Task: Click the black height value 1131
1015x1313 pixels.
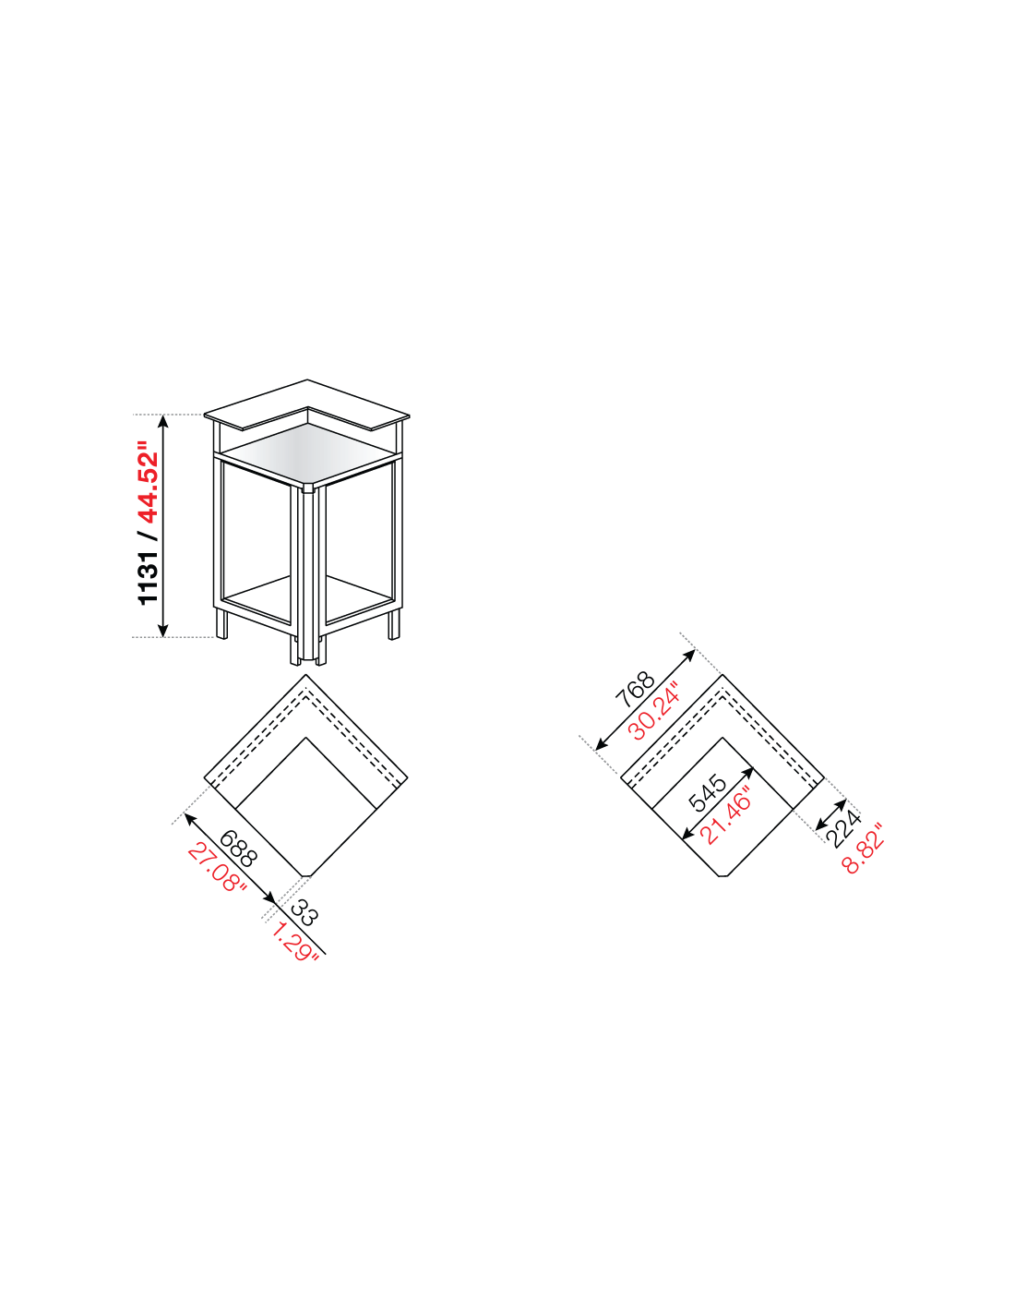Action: tap(148, 577)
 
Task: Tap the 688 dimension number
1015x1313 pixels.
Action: tap(238, 849)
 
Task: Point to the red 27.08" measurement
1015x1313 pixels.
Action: tap(218, 870)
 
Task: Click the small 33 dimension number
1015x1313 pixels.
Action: tap(304, 913)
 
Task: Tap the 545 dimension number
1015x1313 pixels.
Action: tap(708, 793)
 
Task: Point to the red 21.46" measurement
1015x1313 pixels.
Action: tap(725, 815)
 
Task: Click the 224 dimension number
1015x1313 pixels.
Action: tap(843, 829)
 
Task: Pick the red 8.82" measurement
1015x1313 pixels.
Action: tap(862, 848)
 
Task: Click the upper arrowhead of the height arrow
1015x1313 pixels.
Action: tap(163, 420)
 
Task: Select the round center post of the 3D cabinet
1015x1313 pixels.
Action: tap(308, 574)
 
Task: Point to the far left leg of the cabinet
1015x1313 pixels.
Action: tap(221, 623)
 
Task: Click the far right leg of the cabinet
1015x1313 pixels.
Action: tap(394, 624)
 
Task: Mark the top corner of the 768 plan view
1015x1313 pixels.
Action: tap(722, 674)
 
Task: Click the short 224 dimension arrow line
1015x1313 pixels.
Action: tap(830, 814)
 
